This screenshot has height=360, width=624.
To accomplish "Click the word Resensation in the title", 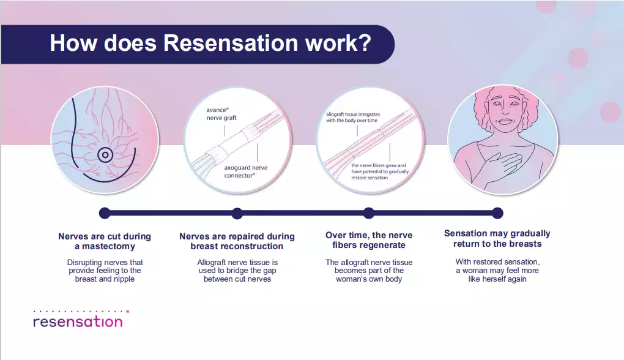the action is (231, 43).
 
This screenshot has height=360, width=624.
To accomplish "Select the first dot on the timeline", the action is (105, 213).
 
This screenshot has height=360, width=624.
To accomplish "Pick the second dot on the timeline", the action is (237, 213).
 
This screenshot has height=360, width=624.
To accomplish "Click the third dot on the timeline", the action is (369, 213).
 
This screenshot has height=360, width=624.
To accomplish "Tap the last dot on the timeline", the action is (497, 213).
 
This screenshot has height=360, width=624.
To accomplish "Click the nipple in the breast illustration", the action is (105, 155).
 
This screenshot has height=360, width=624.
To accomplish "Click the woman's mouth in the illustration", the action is (505, 121).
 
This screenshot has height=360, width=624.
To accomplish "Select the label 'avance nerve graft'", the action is (221, 114).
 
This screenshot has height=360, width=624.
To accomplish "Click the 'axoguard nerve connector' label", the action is (245, 171).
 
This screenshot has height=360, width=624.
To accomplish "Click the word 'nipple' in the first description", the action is (124, 279).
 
